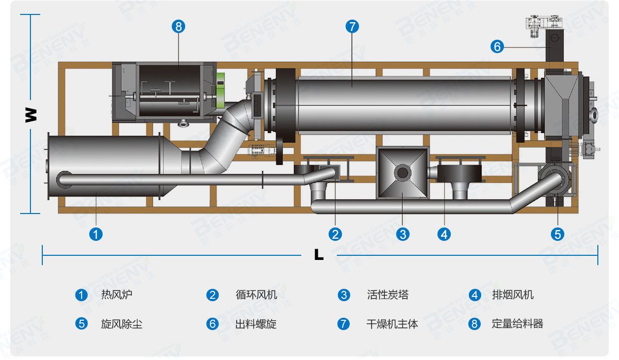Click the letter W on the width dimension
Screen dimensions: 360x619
pos(31,114)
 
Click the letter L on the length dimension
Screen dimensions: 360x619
pos(319,254)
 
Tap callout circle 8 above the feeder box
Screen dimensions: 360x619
pos(178,27)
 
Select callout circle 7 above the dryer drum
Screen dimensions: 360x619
pos(352,27)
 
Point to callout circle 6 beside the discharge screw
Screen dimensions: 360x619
pos(497,47)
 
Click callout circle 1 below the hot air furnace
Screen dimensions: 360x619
pos(96,234)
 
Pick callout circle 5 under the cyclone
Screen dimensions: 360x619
pos(558,234)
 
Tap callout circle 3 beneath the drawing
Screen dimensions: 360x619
pos(403,234)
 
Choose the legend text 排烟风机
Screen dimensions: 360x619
pos(513,295)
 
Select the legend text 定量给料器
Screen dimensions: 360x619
pos(517,324)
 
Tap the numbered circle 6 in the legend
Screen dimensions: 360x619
pos(213,324)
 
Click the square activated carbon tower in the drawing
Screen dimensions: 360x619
pos(402,173)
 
